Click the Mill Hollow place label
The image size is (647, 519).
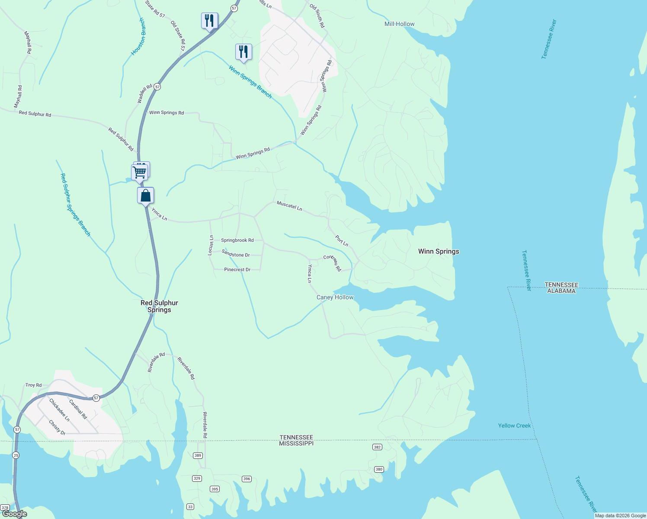tap(399, 24)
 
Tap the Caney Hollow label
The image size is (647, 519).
tap(335, 298)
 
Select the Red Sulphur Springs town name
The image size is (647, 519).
tap(159, 306)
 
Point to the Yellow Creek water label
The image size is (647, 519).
tap(514, 426)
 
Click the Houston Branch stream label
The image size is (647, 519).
tap(138, 37)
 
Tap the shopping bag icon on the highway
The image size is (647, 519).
tap(146, 195)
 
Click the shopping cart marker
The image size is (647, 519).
tap(140, 172)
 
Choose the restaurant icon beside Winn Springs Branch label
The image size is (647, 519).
tap(243, 52)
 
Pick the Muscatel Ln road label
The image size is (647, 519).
tap(289, 205)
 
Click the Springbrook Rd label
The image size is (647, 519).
tap(237, 240)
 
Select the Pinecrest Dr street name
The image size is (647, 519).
tap(237, 269)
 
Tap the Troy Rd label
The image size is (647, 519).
tap(33, 385)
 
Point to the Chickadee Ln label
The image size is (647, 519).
tap(59, 410)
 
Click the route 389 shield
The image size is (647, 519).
tap(198, 455)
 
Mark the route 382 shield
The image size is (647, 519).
tap(378, 447)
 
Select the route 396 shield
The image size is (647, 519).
tap(247, 479)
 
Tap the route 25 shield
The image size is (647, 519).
tap(16, 455)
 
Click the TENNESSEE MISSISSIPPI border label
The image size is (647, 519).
tap(296, 440)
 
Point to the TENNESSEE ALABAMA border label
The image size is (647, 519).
tap(561, 288)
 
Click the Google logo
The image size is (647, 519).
tap(15, 514)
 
